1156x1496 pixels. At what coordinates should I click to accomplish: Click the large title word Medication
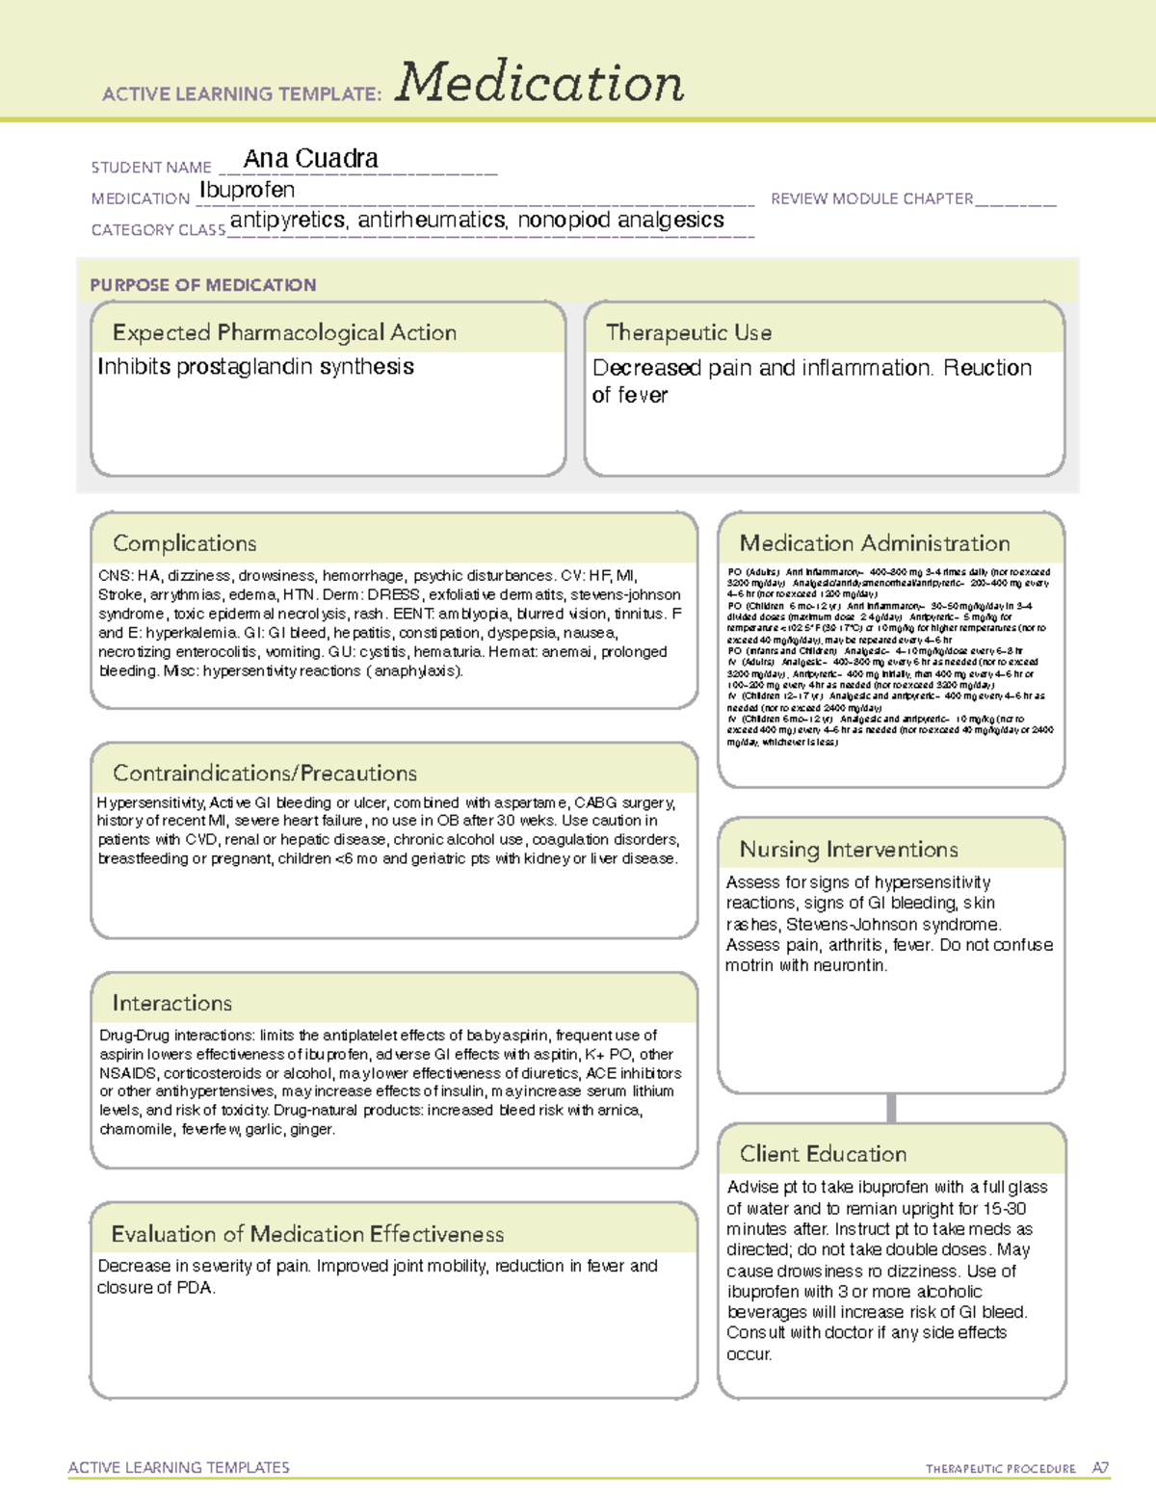click(x=539, y=83)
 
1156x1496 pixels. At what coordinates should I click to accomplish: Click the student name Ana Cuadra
click(x=310, y=158)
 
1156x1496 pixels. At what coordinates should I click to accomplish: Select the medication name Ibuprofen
click(x=247, y=190)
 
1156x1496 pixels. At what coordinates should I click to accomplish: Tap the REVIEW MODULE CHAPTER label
click(x=872, y=198)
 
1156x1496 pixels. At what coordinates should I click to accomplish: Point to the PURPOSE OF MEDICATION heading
click(x=203, y=285)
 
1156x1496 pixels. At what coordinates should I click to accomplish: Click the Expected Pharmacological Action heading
click(x=284, y=333)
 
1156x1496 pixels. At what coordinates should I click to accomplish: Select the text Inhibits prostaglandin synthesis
click(x=255, y=367)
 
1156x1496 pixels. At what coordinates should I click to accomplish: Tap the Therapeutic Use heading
click(x=689, y=333)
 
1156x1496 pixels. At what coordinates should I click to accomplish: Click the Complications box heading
click(x=185, y=543)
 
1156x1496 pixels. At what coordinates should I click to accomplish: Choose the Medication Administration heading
click(x=875, y=543)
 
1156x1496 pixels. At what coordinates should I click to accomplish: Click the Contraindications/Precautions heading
click(x=265, y=774)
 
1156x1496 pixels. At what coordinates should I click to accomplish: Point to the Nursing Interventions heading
click(x=849, y=850)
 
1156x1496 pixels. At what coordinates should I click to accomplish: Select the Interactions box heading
click(x=172, y=1004)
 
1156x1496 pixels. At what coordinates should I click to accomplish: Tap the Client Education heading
click(x=823, y=1154)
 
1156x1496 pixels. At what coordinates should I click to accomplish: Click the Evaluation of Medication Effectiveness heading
click(x=307, y=1235)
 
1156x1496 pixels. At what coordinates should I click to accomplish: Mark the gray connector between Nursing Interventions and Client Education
click(x=891, y=1108)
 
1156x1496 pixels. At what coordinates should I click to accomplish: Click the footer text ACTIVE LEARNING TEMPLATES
click(x=179, y=1467)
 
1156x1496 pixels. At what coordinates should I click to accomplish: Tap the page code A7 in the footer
click(x=1100, y=1468)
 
